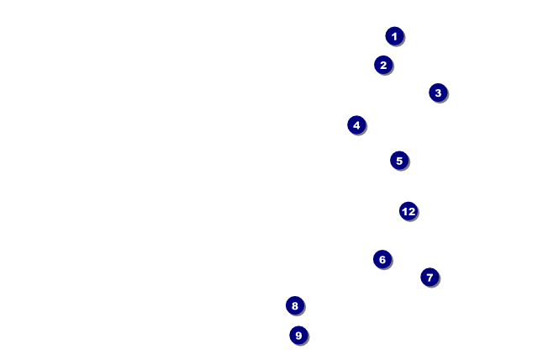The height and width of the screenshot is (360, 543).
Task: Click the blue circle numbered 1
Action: click(394, 36)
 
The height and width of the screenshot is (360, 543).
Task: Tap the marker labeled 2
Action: click(383, 65)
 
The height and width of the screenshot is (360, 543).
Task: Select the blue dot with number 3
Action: click(438, 93)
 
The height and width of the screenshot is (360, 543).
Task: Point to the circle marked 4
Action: click(356, 125)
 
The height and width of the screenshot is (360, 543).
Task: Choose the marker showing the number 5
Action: click(399, 161)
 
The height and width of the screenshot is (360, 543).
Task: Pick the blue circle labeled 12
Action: click(409, 211)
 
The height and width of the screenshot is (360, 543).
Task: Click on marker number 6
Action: click(382, 260)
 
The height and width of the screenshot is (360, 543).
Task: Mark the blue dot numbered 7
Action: click(430, 277)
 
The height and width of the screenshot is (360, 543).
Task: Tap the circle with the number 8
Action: click(294, 305)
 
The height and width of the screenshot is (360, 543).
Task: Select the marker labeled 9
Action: click(298, 336)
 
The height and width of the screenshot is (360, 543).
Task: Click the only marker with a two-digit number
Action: click(409, 211)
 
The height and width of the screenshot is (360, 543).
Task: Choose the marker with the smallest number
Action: click(394, 36)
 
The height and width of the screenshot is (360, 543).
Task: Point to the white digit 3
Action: click(438, 93)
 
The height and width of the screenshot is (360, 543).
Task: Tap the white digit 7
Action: click(430, 277)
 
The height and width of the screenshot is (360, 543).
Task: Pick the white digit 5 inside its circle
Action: click(399, 161)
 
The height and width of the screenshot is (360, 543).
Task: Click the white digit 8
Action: click(294, 305)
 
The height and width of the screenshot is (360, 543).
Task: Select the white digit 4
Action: click(356, 125)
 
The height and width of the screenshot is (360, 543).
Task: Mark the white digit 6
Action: click(382, 260)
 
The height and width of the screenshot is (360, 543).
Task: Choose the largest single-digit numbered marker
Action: click(298, 336)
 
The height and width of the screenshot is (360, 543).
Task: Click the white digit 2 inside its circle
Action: click(383, 65)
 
